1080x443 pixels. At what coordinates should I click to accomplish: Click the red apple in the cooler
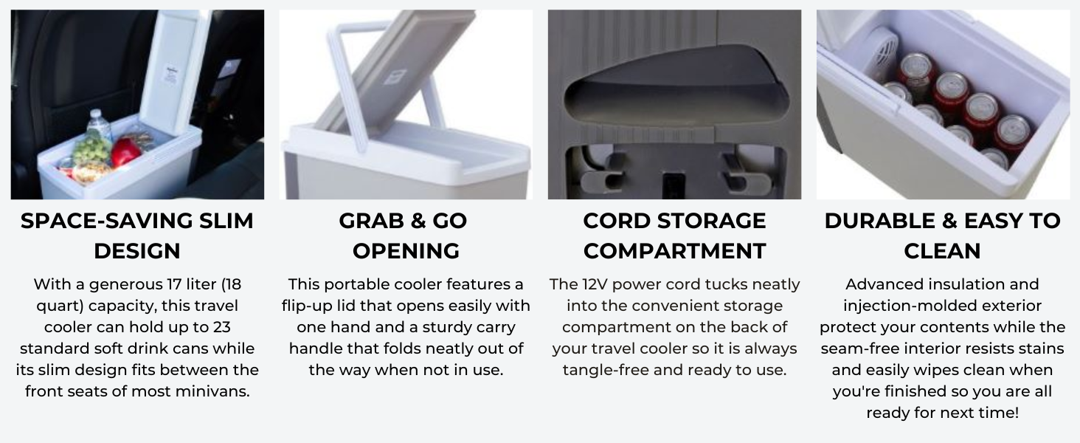pyautogui.click(x=125, y=151)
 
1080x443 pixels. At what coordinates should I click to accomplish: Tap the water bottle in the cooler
pyautogui.click(x=99, y=126)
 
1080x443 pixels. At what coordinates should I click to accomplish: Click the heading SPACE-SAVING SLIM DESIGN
pyautogui.click(x=137, y=236)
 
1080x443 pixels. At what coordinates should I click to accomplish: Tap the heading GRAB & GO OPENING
pyautogui.click(x=405, y=236)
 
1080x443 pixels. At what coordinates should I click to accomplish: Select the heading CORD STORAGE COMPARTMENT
pyautogui.click(x=674, y=236)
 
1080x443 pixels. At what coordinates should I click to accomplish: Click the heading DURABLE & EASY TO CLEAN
pyautogui.click(x=942, y=236)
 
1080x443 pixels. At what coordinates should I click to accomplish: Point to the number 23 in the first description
pyautogui.click(x=221, y=327)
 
